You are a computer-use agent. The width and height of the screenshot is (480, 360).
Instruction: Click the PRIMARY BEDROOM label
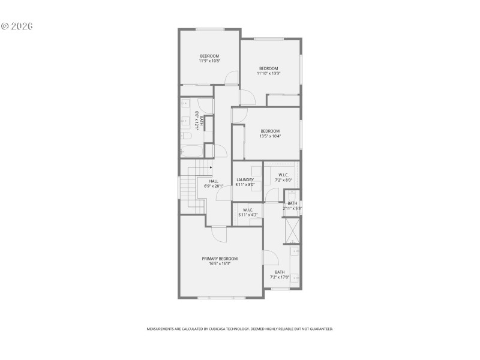pyautogui.click(x=220, y=259)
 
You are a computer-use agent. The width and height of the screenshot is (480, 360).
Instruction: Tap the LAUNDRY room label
pyautogui.click(x=245, y=179)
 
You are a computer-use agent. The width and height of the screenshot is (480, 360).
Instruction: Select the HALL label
pyautogui.click(x=214, y=181)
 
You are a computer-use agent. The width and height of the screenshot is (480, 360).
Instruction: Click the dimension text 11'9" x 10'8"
pyautogui.click(x=209, y=61)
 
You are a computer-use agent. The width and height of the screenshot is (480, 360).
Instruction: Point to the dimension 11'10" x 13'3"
pyautogui.click(x=268, y=73)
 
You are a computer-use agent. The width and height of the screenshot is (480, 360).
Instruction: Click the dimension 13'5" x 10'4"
pyautogui.click(x=270, y=136)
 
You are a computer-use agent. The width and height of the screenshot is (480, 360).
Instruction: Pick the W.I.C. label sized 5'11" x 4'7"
pyautogui.click(x=247, y=210)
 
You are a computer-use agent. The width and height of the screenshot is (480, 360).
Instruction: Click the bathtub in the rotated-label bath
pyautogui.click(x=191, y=151)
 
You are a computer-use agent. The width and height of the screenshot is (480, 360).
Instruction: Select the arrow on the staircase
pyautogui.click(x=211, y=168)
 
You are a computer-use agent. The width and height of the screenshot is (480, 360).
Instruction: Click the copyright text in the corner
pyautogui.click(x=16, y=26)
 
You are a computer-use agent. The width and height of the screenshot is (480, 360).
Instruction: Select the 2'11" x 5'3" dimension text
pyautogui.click(x=292, y=209)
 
